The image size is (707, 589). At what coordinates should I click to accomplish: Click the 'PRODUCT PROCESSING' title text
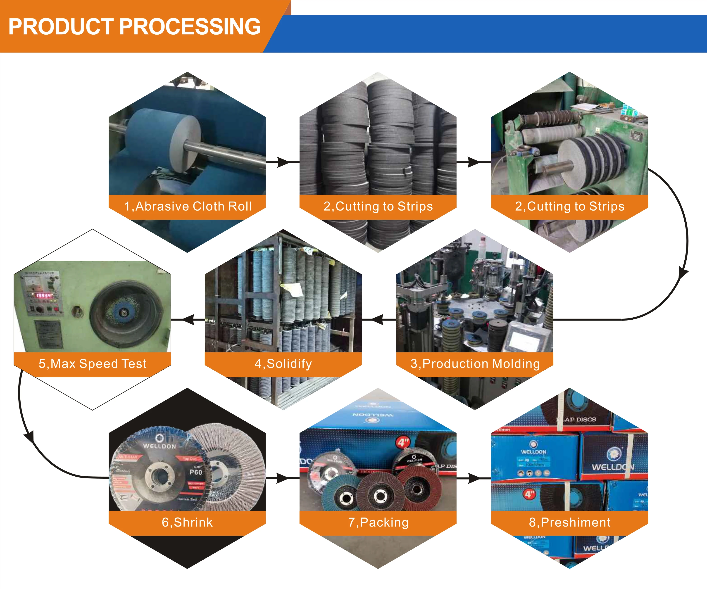pyautogui.click(x=134, y=27)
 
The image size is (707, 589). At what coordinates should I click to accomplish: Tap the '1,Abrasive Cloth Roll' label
pyautogui.click(x=188, y=206)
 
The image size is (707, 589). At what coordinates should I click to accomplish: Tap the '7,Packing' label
pyautogui.click(x=378, y=522)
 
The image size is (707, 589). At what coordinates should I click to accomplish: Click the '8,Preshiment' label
pyautogui.click(x=570, y=522)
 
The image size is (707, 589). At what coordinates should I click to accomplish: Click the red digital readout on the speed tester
pyautogui.click(x=44, y=295)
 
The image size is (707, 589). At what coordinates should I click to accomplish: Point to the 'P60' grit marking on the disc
pyautogui.click(x=196, y=472)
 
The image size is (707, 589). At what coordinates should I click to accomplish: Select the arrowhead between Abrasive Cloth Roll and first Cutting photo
pyautogui.click(x=283, y=162)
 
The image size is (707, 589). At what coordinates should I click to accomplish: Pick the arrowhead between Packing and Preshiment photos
pyautogui.click(x=474, y=478)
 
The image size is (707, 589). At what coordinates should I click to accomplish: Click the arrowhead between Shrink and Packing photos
pyautogui.click(x=282, y=478)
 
